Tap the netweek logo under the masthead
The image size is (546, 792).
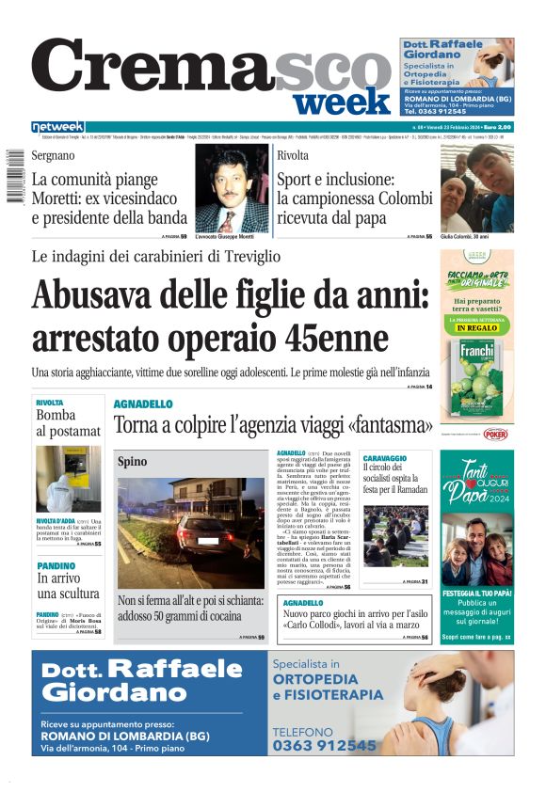[57, 127]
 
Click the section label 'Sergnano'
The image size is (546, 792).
[54, 154]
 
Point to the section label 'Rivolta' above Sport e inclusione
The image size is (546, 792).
[293, 155]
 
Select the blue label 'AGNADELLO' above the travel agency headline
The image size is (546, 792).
[143, 404]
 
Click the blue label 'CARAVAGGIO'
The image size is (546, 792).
[384, 458]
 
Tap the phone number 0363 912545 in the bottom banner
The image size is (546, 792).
[324, 745]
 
